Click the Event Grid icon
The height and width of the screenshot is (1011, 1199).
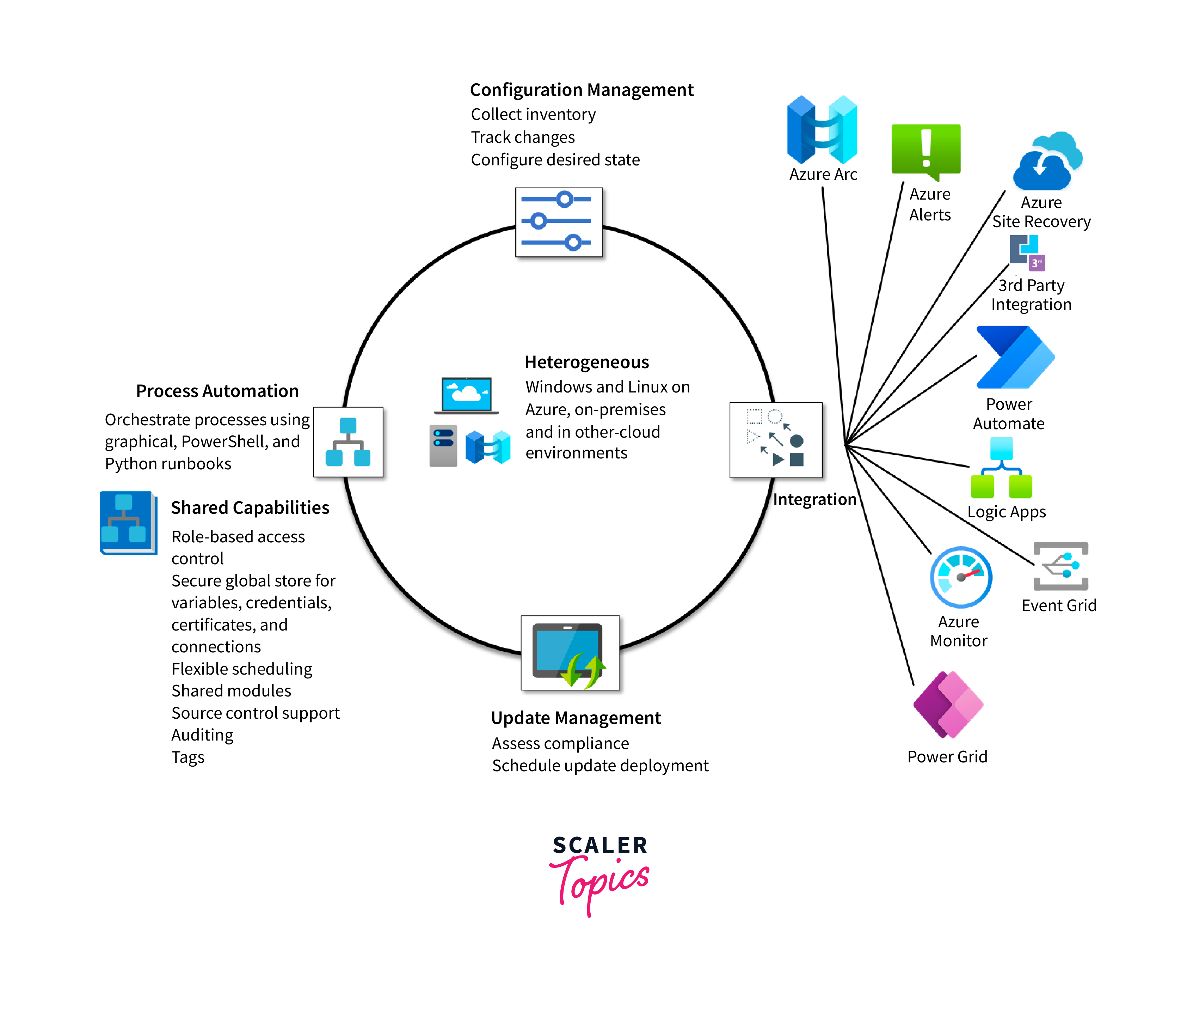1060,566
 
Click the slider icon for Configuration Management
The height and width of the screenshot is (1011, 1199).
559,222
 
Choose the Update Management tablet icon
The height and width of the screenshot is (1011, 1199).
570,653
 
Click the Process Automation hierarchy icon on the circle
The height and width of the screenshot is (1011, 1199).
348,442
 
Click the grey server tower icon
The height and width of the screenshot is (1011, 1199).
443,446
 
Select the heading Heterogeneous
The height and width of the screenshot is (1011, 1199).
586,362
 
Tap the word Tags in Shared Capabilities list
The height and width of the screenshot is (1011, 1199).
188,757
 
